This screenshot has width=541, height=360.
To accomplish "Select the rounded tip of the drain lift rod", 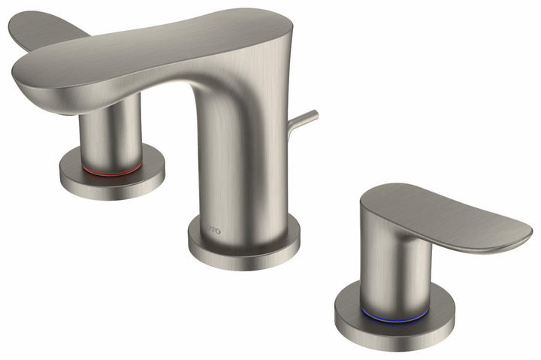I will pos(314,115).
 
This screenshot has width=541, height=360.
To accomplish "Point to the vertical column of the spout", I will pos(240,165).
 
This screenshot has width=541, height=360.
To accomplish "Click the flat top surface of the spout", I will pos(165,45).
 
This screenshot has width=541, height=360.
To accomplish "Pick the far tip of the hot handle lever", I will pos(15,26).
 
